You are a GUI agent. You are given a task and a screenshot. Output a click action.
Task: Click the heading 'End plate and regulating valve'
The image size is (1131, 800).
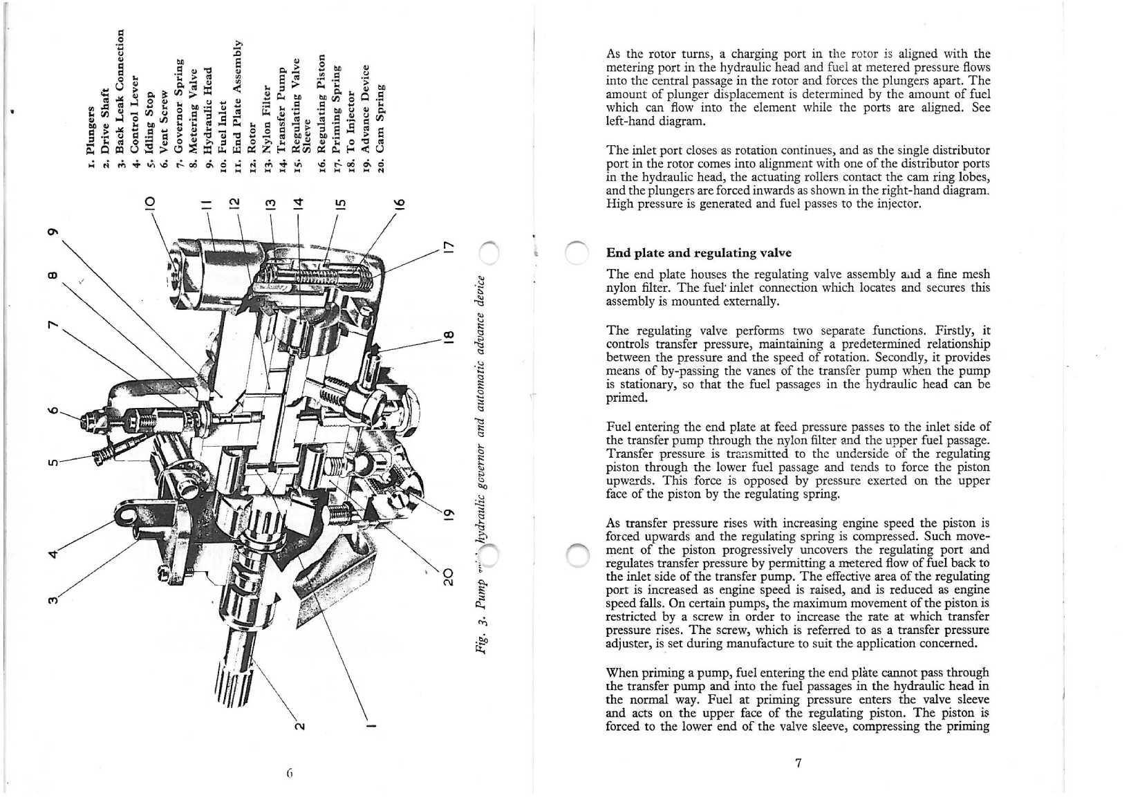pos(698,253)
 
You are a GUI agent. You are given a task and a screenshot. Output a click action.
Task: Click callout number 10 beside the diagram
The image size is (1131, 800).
pos(148,204)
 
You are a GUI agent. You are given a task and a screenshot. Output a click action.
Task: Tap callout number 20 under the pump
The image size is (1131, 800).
pos(447,577)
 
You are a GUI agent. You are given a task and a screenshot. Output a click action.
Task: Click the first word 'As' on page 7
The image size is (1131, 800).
pos(613,53)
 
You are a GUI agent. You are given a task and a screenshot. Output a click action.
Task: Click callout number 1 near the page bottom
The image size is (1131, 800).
pos(371,726)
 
